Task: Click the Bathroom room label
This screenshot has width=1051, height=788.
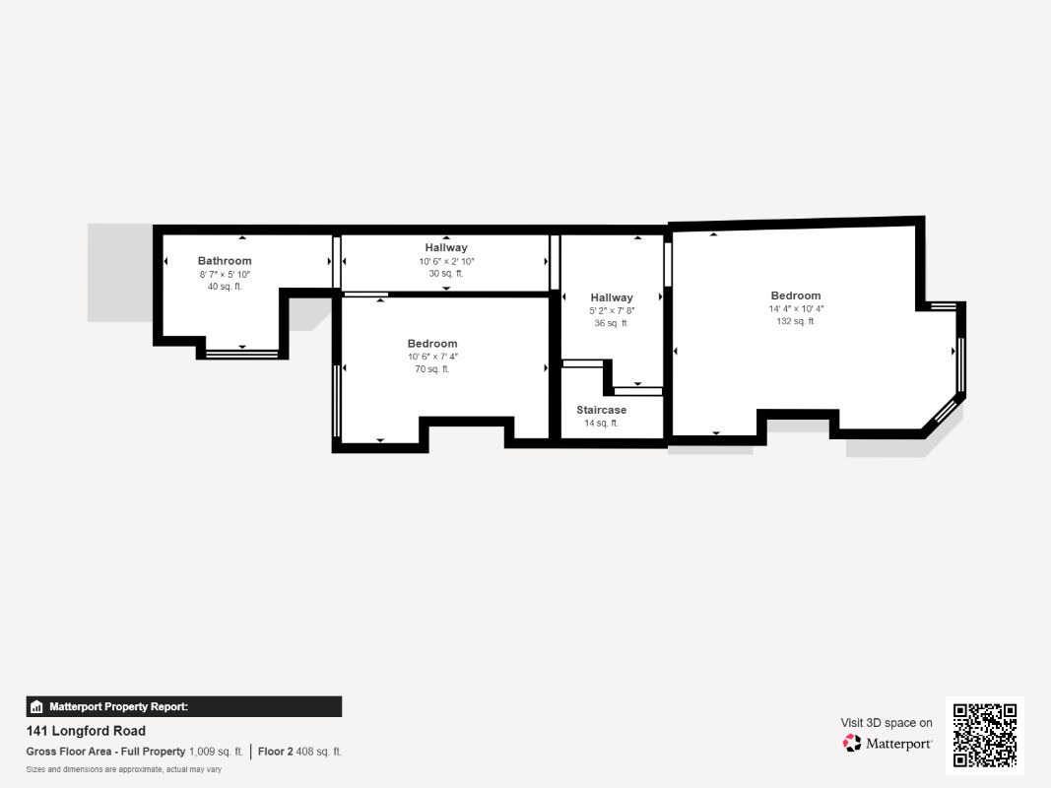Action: tap(225, 261)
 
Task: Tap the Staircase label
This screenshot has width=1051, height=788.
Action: tap(601, 410)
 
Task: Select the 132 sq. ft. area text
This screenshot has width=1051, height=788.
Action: tap(796, 321)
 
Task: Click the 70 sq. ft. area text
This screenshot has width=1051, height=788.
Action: tap(431, 369)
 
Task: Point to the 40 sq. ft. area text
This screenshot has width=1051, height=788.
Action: tap(225, 287)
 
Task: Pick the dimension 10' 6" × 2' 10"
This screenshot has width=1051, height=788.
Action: tap(446, 261)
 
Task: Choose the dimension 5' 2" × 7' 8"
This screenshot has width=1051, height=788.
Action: tap(612, 310)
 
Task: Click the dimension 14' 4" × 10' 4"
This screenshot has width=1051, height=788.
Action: tap(796, 308)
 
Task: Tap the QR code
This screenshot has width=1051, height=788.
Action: tap(985, 735)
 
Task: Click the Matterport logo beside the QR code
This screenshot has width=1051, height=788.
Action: tap(887, 744)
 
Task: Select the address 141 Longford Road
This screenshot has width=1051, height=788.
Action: tap(86, 731)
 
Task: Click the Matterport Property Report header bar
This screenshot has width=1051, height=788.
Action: tap(184, 706)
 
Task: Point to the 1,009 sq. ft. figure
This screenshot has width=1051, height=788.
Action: tap(216, 752)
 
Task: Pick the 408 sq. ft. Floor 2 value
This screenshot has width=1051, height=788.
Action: tap(319, 752)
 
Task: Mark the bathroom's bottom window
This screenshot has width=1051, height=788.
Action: tap(242, 352)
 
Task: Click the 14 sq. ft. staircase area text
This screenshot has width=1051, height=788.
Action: tap(601, 423)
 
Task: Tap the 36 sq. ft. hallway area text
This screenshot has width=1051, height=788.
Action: tap(612, 323)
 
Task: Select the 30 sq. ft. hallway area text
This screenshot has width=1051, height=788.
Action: tap(446, 274)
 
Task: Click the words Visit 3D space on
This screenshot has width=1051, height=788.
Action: tap(887, 723)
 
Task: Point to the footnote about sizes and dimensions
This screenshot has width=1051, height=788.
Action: tap(123, 769)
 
